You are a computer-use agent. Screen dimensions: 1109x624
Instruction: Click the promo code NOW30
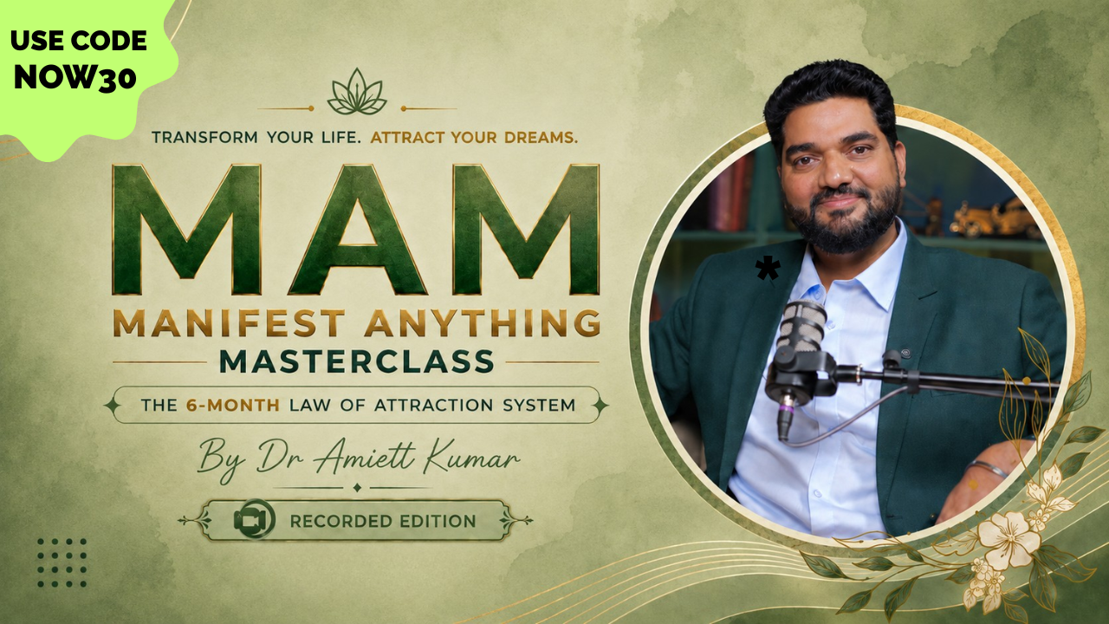pos(75,78)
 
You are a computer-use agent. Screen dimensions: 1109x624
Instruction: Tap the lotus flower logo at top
pos(356,92)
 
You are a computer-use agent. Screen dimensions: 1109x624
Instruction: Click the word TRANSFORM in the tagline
pos(204,137)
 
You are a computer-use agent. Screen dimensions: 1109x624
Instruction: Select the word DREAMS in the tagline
pos(541,137)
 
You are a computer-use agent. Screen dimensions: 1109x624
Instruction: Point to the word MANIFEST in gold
pos(229,323)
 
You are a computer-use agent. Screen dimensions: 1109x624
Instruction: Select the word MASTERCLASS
pos(356,361)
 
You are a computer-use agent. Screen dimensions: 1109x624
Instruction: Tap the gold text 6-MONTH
pos(233,405)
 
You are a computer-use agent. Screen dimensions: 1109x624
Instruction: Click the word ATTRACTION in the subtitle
pos(433,405)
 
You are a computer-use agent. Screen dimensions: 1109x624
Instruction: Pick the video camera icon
pos(255,519)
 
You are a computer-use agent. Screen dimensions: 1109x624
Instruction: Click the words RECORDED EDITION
pos(383,521)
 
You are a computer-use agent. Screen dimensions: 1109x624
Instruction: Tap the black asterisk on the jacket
pos(768,270)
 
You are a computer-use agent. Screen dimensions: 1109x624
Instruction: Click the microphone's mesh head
pos(801,325)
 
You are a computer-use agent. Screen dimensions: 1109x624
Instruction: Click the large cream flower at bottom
pos(1008,540)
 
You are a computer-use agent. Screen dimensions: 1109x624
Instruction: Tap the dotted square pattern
pos(62,563)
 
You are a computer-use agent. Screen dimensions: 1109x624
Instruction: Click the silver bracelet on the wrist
pos(987,468)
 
